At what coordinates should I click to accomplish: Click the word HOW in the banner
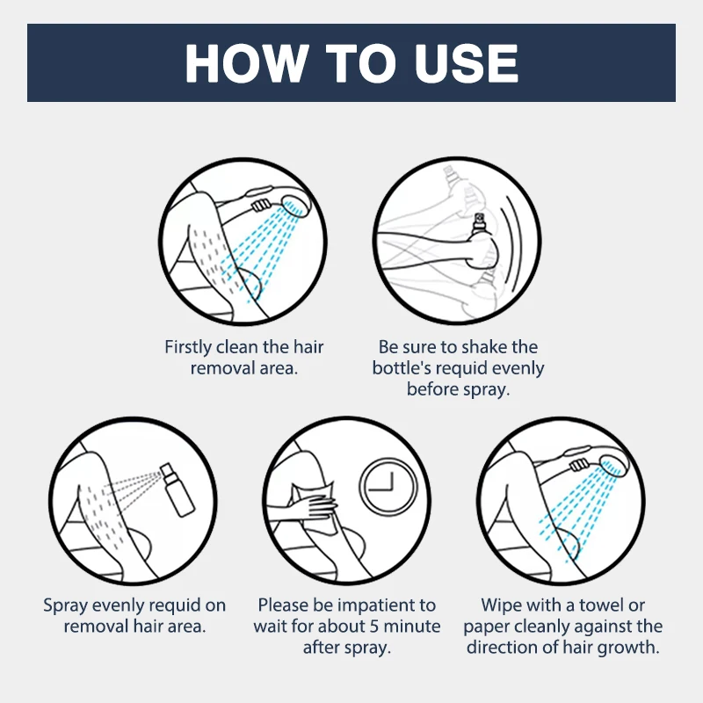tap(245, 62)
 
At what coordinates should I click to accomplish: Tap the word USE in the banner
tap(467, 62)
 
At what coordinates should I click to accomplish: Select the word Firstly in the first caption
tap(187, 347)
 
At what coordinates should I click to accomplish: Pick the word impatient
tap(377, 605)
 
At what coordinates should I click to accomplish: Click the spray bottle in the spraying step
tap(178, 489)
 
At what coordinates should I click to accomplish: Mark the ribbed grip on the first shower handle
tap(260, 206)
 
